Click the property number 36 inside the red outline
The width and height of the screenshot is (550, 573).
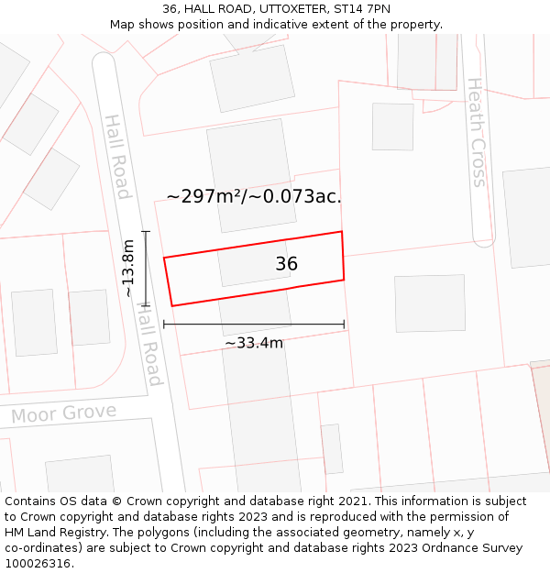coord(286,264)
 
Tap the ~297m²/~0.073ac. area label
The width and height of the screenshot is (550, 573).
coord(254,196)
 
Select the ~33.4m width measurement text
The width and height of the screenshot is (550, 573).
coord(254,343)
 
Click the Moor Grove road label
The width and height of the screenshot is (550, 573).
coord(63,414)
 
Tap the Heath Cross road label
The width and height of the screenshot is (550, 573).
coord(477,132)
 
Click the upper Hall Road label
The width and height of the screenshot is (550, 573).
coord(117,157)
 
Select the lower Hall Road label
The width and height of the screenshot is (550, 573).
coord(149,346)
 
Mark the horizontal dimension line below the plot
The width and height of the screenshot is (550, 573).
coord(254,324)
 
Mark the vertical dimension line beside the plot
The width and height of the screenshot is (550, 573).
coord(146,268)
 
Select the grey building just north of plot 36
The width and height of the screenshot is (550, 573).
coord(250,175)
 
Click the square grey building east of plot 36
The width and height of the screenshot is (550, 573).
coord(429,303)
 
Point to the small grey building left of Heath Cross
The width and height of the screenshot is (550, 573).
coord(392,127)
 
